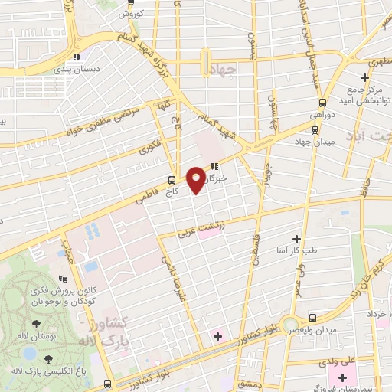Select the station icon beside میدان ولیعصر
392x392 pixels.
[312, 317]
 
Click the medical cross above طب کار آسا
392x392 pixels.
[296, 240]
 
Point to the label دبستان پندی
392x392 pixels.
[76, 70]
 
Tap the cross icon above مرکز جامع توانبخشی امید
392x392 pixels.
[365, 77]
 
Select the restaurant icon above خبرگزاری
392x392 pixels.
[215, 165]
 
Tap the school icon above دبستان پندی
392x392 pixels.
[76, 56]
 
